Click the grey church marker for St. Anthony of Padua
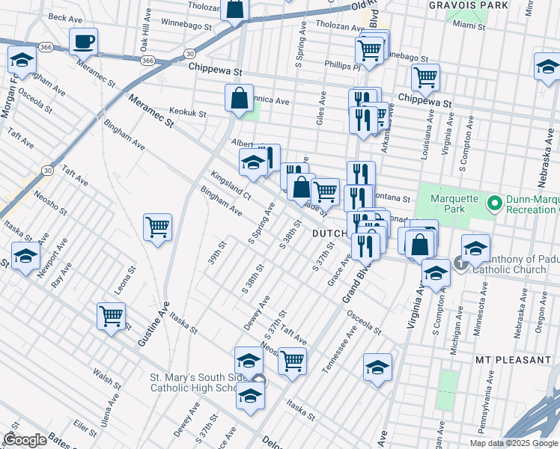coord(460,263)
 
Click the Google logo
coord(25,439)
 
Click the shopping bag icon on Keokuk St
coord(239,98)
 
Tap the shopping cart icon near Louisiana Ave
coord(425,76)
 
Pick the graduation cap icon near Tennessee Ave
coord(378,367)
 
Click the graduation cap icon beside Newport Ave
coord(25,257)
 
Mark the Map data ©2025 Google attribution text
coord(514,443)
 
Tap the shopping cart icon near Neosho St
coord(292,361)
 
